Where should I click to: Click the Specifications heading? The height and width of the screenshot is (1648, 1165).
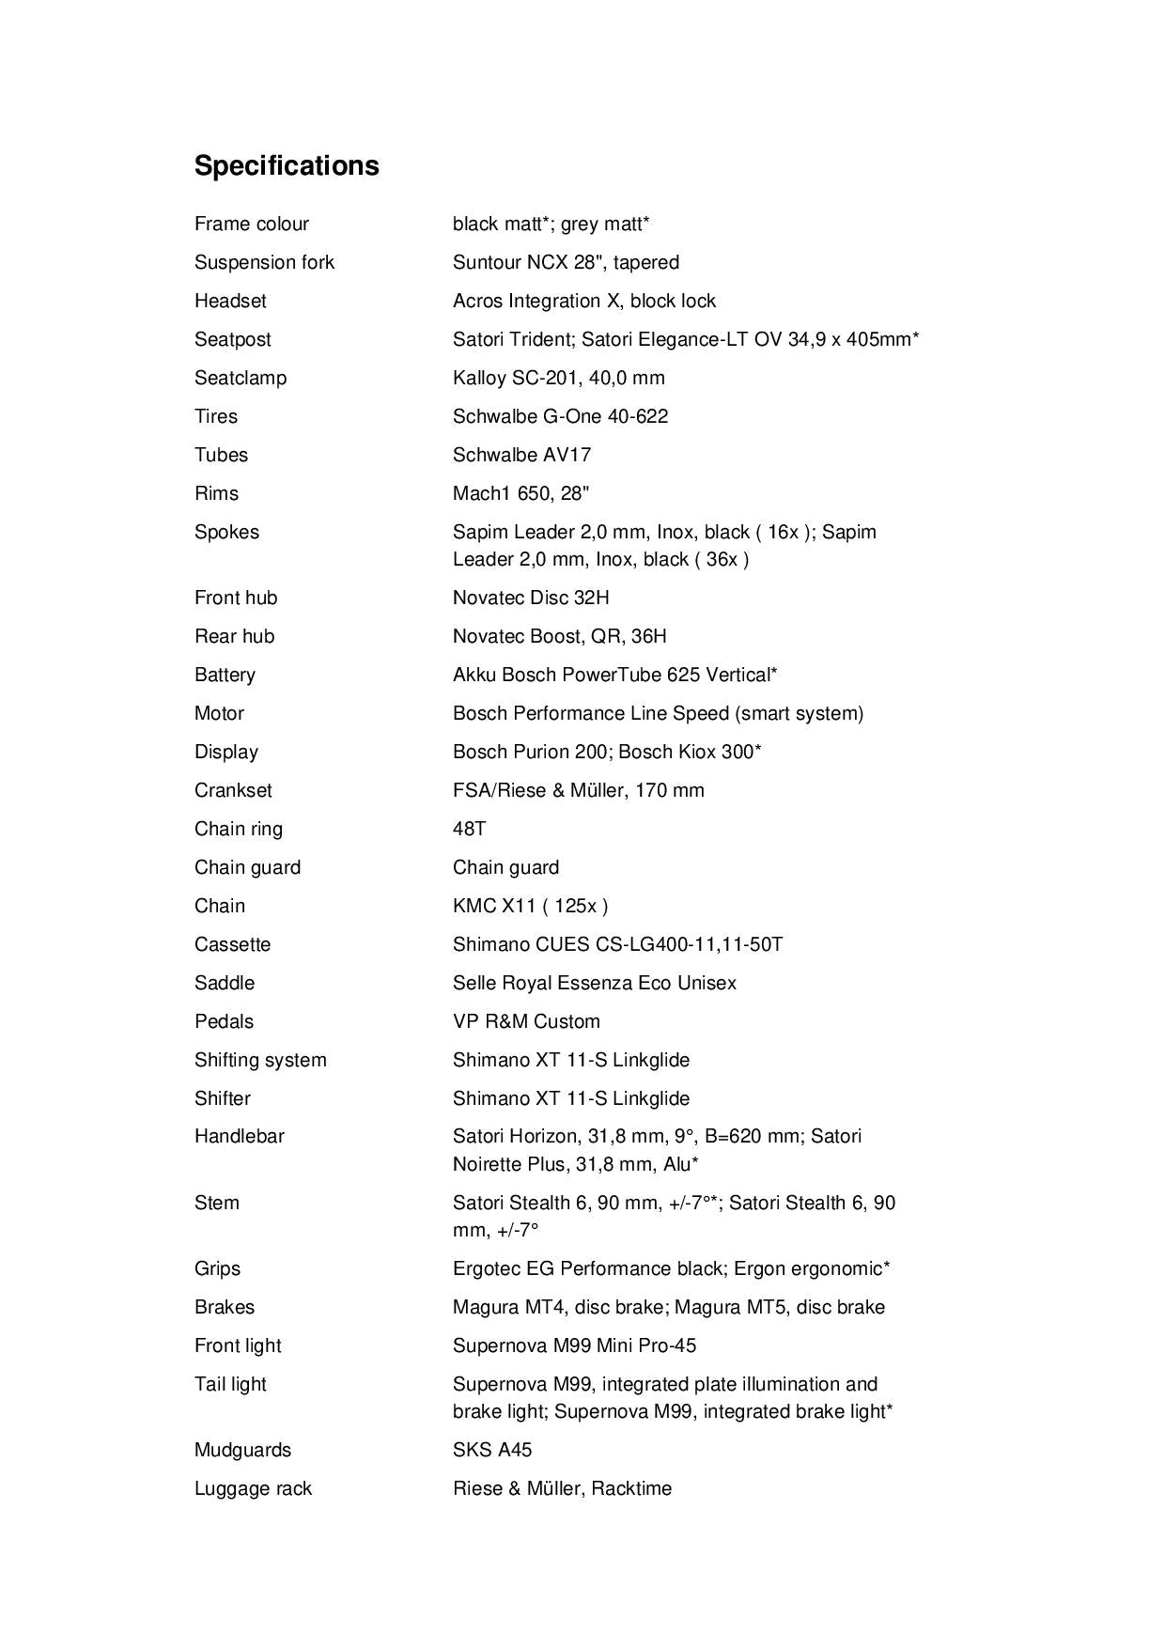point(287,165)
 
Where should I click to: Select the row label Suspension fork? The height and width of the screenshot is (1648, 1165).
point(264,262)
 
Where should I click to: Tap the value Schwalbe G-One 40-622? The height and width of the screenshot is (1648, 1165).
point(560,416)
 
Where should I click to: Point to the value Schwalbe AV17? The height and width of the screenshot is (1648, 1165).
point(521,455)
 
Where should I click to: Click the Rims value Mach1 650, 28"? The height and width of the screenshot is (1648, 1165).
point(520,493)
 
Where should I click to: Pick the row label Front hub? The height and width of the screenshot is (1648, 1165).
point(236,598)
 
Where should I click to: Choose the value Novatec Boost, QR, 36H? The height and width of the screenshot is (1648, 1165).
point(559,636)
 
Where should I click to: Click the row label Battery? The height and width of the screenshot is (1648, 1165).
point(225,675)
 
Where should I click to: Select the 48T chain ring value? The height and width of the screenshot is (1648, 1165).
point(469,829)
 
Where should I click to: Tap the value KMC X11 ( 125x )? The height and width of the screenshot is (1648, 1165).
point(530,906)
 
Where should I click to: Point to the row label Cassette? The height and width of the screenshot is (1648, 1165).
point(232,944)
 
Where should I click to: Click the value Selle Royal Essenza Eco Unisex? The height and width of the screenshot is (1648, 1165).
point(594,983)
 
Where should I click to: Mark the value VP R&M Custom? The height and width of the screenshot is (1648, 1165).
point(526,1021)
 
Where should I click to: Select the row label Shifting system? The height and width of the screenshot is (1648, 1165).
point(260,1060)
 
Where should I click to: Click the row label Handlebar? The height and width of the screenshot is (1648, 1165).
point(239,1136)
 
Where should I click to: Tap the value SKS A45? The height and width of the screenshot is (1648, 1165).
point(491,1450)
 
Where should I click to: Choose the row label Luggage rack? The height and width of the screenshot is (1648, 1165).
point(253,1488)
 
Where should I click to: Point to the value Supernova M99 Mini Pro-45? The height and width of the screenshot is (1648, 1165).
point(574,1345)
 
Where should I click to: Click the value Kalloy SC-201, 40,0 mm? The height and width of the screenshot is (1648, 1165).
point(558,378)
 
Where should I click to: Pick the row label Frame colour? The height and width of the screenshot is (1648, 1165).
point(251,224)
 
